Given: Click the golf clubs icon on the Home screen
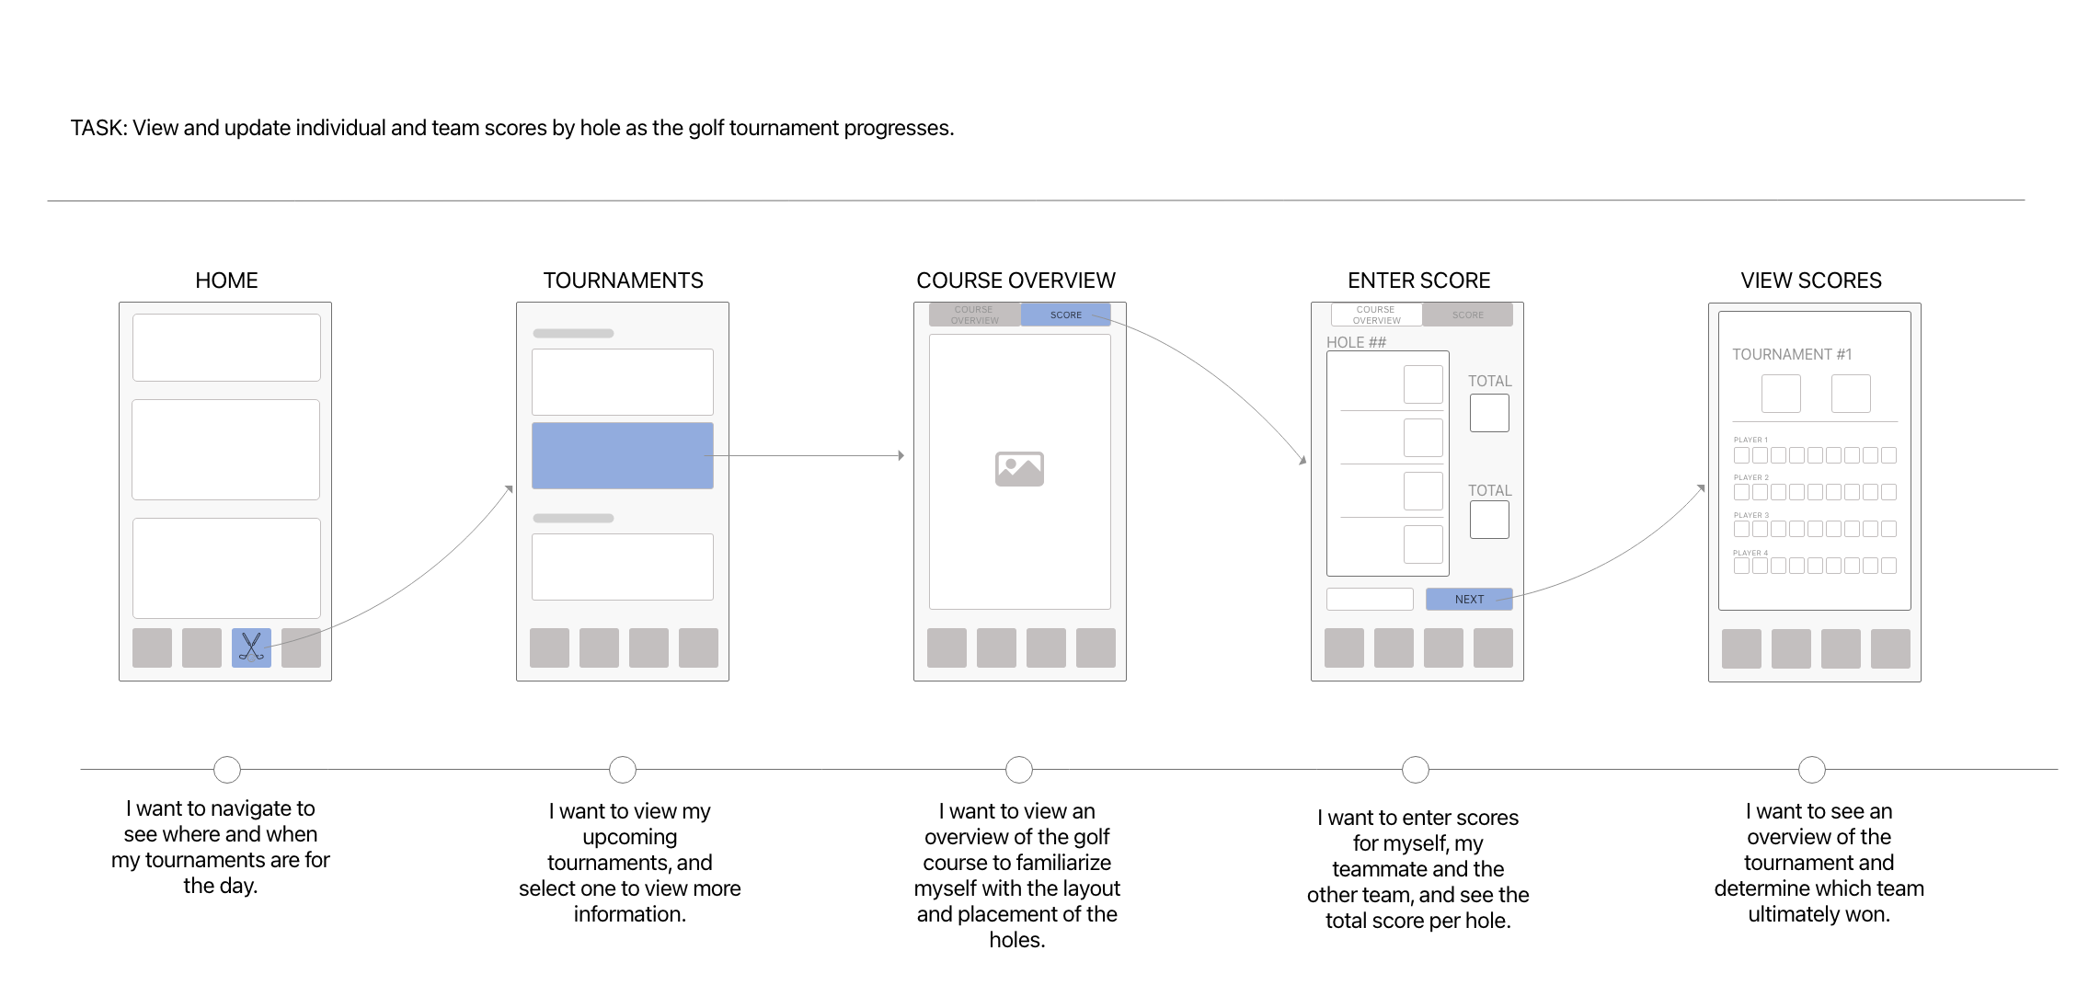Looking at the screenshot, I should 251,647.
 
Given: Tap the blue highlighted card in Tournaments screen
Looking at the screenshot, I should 622,455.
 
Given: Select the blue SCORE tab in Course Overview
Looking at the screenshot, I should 1065,315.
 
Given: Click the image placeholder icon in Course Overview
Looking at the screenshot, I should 1019,469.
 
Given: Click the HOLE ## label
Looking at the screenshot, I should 1356,342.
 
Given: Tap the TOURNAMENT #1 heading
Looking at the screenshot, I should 1791,354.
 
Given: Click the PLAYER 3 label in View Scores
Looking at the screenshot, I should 1750,515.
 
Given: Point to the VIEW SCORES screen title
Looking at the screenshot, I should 1810,281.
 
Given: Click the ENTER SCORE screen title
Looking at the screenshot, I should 1418,281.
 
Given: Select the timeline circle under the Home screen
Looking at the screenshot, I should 227,769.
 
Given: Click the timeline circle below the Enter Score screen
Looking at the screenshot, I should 1415,769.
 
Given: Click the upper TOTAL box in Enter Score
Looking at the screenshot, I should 1488,413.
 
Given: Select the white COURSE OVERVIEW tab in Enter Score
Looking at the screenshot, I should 1376,315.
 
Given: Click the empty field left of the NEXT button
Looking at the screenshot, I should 1369,599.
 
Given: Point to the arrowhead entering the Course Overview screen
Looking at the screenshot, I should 901,455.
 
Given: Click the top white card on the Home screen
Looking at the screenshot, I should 226,348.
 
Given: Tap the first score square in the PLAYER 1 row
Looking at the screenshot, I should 1740,455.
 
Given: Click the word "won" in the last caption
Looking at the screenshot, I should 1867,914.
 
